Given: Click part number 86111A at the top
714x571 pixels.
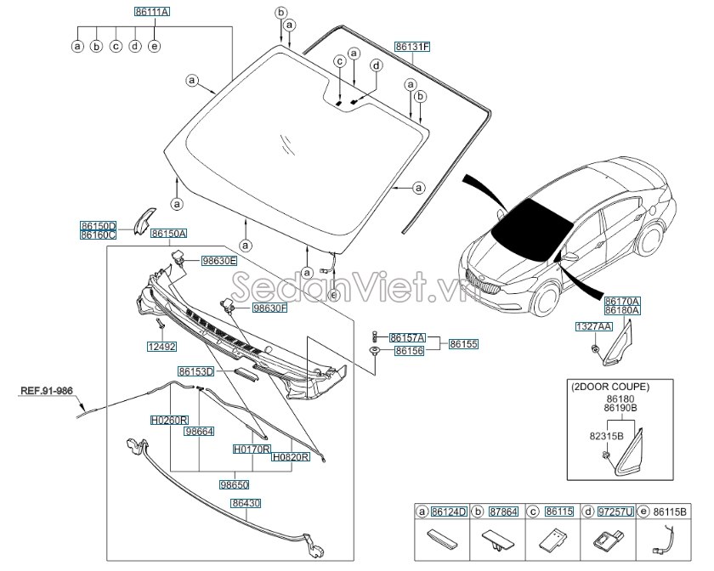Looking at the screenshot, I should [151, 12].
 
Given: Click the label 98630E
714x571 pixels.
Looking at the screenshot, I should [218, 261].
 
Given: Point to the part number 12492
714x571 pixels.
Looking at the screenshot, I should [160, 347].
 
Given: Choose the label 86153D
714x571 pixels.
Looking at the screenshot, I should [195, 371].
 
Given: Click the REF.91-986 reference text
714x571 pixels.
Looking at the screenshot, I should [47, 391].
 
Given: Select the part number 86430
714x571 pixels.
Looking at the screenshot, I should [245, 503].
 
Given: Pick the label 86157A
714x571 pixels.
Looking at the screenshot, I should [407, 337].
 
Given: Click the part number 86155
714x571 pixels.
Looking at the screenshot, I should [464, 344].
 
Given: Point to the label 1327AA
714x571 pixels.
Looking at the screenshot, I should [592, 326].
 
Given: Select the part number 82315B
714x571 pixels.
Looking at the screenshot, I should [608, 436].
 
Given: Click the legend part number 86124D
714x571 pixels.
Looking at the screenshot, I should [449, 512].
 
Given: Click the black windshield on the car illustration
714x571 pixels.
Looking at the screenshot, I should [531, 224].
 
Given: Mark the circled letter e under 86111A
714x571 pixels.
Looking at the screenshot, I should [154, 46].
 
